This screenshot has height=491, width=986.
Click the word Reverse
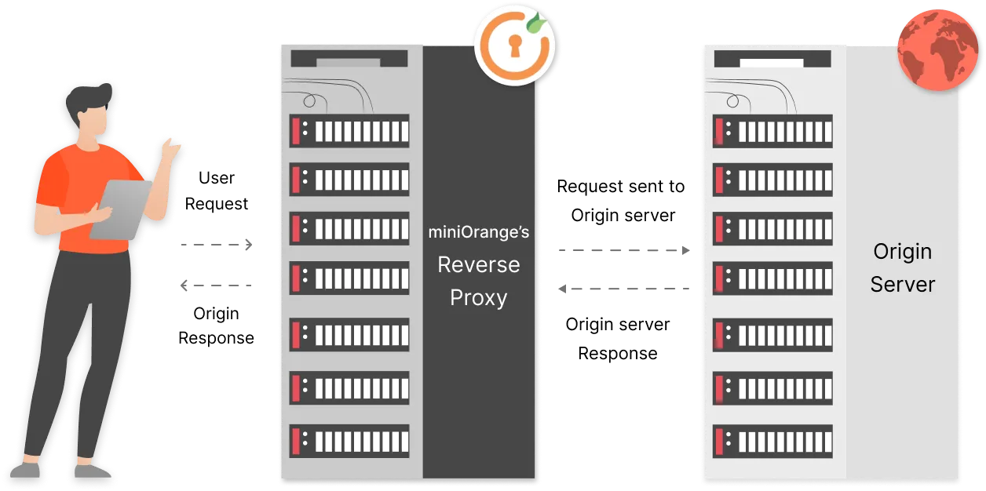[x=478, y=265]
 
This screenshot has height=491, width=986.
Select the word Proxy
[x=478, y=298]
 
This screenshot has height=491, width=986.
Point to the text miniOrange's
[x=478, y=232]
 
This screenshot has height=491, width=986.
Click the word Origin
[x=902, y=252]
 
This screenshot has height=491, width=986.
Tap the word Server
[x=902, y=284]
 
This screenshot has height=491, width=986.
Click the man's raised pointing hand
[x=170, y=147]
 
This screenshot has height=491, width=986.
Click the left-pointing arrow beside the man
[x=214, y=286]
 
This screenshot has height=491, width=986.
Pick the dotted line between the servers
[x=624, y=251]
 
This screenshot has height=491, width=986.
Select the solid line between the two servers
[x=621, y=289]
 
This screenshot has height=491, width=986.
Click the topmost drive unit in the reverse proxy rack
[x=349, y=131]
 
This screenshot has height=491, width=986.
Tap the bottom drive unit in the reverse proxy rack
[x=349, y=441]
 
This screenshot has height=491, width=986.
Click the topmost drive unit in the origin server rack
[x=772, y=131]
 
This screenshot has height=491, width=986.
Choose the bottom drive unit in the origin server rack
[x=772, y=441]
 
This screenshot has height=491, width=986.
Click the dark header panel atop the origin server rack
[x=772, y=59]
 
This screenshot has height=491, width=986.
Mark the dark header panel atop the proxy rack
[x=349, y=59]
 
